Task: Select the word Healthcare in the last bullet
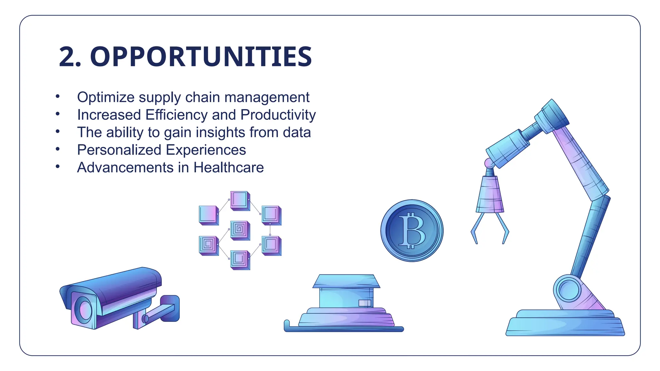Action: point(228,167)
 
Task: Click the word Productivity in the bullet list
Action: point(278,115)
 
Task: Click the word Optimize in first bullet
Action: point(105,97)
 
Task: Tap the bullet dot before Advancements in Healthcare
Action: point(58,166)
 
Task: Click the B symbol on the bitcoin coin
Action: point(412,231)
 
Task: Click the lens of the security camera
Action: point(84,309)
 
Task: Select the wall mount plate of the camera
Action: point(170,308)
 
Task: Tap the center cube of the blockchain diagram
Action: point(240,230)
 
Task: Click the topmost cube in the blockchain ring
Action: point(240,200)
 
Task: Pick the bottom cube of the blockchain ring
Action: point(240,259)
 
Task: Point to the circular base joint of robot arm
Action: point(569,290)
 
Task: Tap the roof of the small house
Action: point(346,281)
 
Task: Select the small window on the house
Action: point(364,303)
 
